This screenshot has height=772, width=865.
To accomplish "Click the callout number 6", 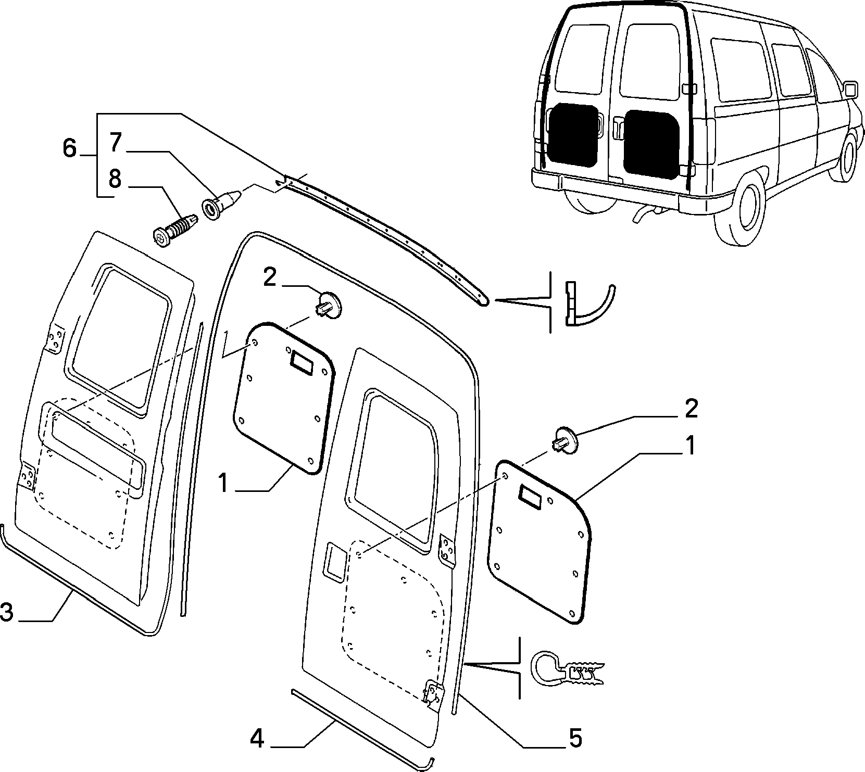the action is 69,148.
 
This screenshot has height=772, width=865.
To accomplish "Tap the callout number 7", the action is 115,143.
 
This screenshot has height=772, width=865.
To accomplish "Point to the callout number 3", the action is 7,612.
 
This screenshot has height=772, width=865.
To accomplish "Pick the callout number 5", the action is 574,738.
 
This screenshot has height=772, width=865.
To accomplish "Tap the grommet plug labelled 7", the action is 222,205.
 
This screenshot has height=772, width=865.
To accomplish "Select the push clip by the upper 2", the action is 328,304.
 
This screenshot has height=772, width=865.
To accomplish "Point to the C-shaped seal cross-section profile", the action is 567,671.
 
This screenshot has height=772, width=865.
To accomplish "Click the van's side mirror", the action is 849,89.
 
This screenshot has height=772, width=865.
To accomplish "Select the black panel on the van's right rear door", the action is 651,142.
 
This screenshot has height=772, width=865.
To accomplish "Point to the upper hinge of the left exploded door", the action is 56,339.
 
